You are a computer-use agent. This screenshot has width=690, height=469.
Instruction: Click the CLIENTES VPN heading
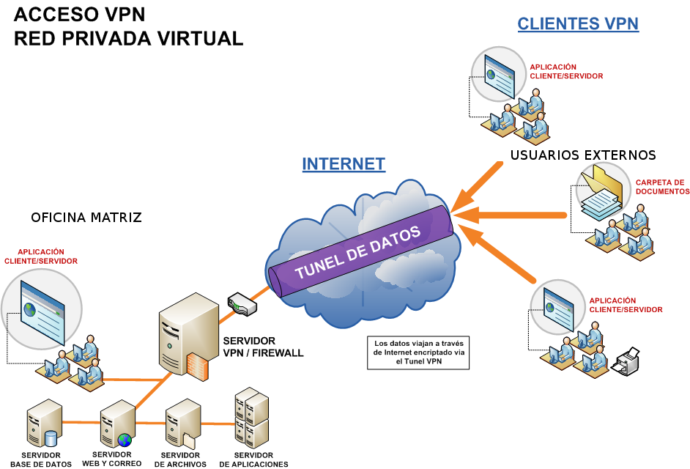578,23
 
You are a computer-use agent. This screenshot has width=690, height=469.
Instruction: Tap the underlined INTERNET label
344,164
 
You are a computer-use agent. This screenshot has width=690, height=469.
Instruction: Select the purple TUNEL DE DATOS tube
362,251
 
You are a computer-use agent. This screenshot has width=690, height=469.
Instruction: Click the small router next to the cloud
242,304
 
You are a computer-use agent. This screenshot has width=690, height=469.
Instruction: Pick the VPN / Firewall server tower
188,336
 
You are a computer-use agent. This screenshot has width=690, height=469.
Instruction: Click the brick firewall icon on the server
199,366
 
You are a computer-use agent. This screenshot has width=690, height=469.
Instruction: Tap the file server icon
182,424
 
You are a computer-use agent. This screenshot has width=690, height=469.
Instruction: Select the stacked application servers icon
251,418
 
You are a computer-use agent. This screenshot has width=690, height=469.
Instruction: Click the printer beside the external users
626,361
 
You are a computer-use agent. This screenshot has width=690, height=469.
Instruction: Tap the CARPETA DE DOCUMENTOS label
662,187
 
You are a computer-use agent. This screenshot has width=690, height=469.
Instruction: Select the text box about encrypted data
418,352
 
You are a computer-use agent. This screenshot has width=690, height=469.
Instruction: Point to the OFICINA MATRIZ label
86,218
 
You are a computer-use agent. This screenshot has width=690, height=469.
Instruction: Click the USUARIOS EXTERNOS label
583,155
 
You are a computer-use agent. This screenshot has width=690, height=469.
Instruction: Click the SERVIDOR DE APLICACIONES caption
253,459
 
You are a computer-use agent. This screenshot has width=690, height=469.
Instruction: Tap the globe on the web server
125,440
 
